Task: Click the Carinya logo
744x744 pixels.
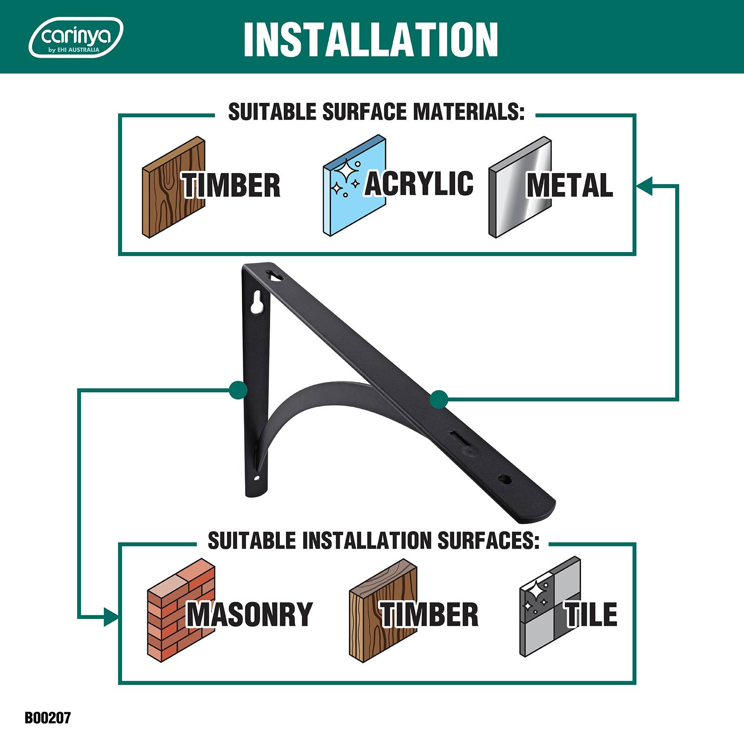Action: (x=76, y=37)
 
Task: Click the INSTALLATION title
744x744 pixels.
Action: (x=371, y=39)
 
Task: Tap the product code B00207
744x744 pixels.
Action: (x=47, y=718)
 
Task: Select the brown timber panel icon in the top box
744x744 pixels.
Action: (x=173, y=187)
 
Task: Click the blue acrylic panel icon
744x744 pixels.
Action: (x=354, y=186)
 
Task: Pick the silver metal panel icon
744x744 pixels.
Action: (x=520, y=187)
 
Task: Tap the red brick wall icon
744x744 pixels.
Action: (x=181, y=610)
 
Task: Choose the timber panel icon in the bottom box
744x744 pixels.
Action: (x=383, y=610)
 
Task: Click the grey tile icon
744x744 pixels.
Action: (x=550, y=607)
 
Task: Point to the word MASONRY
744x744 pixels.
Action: (x=250, y=614)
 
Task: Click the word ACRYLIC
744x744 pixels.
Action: (x=419, y=183)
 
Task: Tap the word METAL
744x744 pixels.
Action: (x=570, y=185)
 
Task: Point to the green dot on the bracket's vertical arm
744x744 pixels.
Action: (x=239, y=390)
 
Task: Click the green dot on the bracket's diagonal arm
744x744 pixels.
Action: (x=439, y=399)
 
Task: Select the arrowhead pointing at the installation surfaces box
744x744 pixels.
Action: (x=112, y=617)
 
